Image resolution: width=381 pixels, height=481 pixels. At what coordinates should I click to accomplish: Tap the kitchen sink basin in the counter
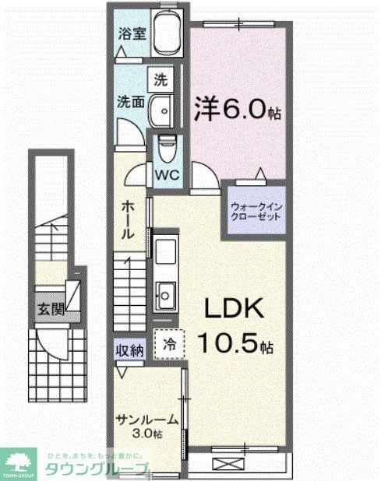coord(164,294)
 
